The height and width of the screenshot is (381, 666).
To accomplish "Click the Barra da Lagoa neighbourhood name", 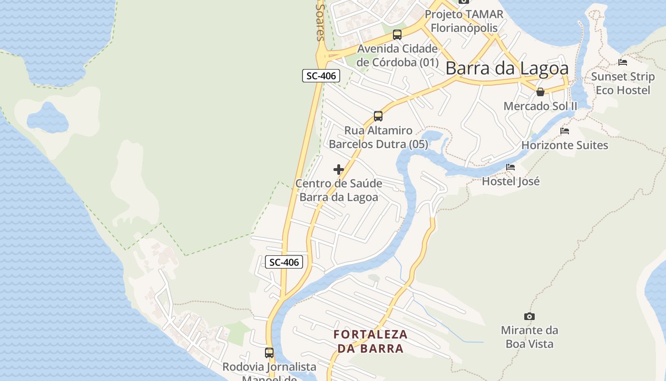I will (x=507, y=69).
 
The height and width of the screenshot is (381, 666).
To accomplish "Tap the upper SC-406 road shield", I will (x=321, y=76).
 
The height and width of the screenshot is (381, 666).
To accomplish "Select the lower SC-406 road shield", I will (x=284, y=262).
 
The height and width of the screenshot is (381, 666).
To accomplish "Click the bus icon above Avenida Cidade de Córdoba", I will (x=397, y=34).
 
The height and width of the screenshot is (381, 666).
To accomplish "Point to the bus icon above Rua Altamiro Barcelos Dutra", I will (x=378, y=116).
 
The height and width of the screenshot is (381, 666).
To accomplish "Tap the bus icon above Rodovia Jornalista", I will (x=269, y=353).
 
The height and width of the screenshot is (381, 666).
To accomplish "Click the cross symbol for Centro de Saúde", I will (x=339, y=170).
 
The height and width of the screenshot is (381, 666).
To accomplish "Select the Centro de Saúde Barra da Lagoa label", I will (x=339, y=190).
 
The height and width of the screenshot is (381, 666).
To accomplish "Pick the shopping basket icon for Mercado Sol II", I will (x=540, y=92).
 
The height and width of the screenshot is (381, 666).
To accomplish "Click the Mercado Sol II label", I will (x=540, y=106).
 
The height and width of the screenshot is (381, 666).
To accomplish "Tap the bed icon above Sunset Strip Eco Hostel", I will (x=623, y=62).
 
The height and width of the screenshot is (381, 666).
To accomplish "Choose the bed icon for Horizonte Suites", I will (x=565, y=130).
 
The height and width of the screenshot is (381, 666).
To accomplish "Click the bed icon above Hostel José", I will (x=510, y=167).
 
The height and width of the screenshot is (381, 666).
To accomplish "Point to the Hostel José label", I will (x=510, y=181).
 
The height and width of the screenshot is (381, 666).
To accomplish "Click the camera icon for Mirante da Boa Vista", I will (x=529, y=316).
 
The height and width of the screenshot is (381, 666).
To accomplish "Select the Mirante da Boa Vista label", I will (x=529, y=337).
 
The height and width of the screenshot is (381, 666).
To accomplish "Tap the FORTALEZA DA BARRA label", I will (x=371, y=341).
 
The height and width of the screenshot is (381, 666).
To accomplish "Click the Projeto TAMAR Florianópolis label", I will (x=464, y=21).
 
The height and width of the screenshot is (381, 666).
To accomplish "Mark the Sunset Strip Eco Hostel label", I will (x=623, y=83).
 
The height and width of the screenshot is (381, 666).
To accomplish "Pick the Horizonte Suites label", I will (x=565, y=145).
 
